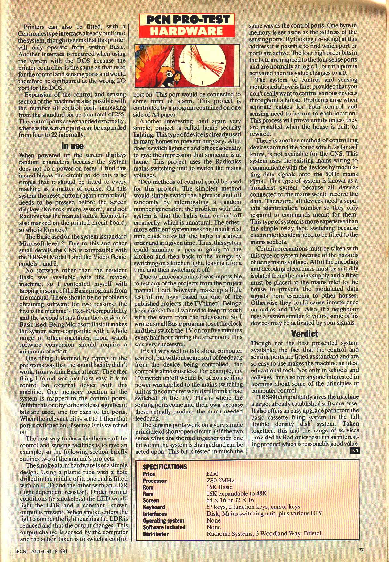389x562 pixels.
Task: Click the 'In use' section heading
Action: tap(72, 146)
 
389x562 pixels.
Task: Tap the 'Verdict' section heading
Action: tap(305, 334)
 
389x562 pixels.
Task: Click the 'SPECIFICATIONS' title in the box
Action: tap(165, 467)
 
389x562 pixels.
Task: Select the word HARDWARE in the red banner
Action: tap(186, 31)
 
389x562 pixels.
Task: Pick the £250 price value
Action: tap(212, 474)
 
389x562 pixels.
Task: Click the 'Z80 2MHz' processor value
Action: tap(220, 481)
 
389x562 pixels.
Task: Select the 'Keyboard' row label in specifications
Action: tap(154, 507)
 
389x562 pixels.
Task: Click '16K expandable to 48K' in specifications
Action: tap(236, 494)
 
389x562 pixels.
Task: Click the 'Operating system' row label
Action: tap(163, 521)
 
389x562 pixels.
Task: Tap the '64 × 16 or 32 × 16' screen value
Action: tap(230, 500)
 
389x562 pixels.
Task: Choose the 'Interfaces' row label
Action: tap(155, 514)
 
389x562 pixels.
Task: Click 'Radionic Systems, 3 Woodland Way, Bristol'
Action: tap(264, 534)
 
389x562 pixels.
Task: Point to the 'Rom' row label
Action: tap(148, 487)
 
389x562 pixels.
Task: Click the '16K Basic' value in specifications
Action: tap(219, 487)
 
